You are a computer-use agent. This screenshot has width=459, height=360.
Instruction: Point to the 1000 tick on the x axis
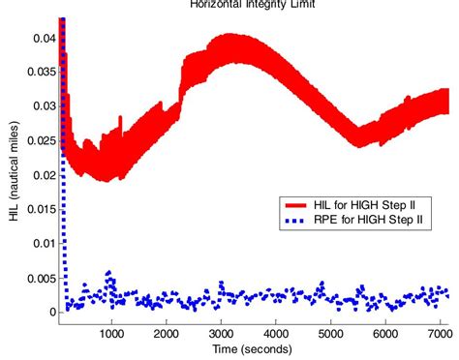point(112,329)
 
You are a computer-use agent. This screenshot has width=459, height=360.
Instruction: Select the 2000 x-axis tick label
point(167,329)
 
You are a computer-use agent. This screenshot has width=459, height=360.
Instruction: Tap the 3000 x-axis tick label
point(222,329)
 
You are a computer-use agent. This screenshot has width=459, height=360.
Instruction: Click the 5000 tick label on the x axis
point(331,329)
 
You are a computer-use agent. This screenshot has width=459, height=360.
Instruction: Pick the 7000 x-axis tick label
point(441,329)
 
